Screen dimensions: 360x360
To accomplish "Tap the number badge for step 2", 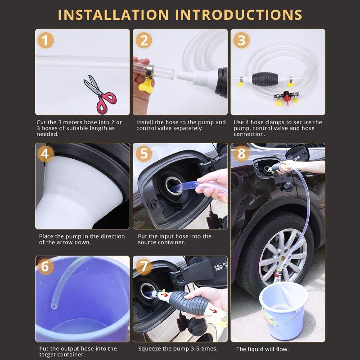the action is [x=144, y=40].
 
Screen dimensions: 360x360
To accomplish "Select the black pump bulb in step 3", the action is [x=265, y=78].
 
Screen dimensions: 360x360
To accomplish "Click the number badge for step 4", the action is [x=45, y=153].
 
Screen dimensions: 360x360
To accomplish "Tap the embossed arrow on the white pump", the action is [x=81, y=179].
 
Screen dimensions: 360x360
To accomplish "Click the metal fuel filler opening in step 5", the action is [x=172, y=185].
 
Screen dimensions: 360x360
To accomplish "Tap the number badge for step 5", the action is [x=144, y=153].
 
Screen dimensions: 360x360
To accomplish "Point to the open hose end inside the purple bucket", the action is [x=54, y=306].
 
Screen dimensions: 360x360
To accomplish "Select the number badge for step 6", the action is [x=45, y=266].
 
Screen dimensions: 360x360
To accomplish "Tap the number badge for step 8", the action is [x=241, y=153].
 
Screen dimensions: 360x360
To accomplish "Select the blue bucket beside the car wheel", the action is [x=283, y=310].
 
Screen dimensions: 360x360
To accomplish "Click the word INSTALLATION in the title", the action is [x=113, y=15].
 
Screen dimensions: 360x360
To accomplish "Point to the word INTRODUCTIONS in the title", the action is [x=238, y=15].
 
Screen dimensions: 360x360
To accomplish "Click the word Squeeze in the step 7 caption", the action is [x=149, y=349].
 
